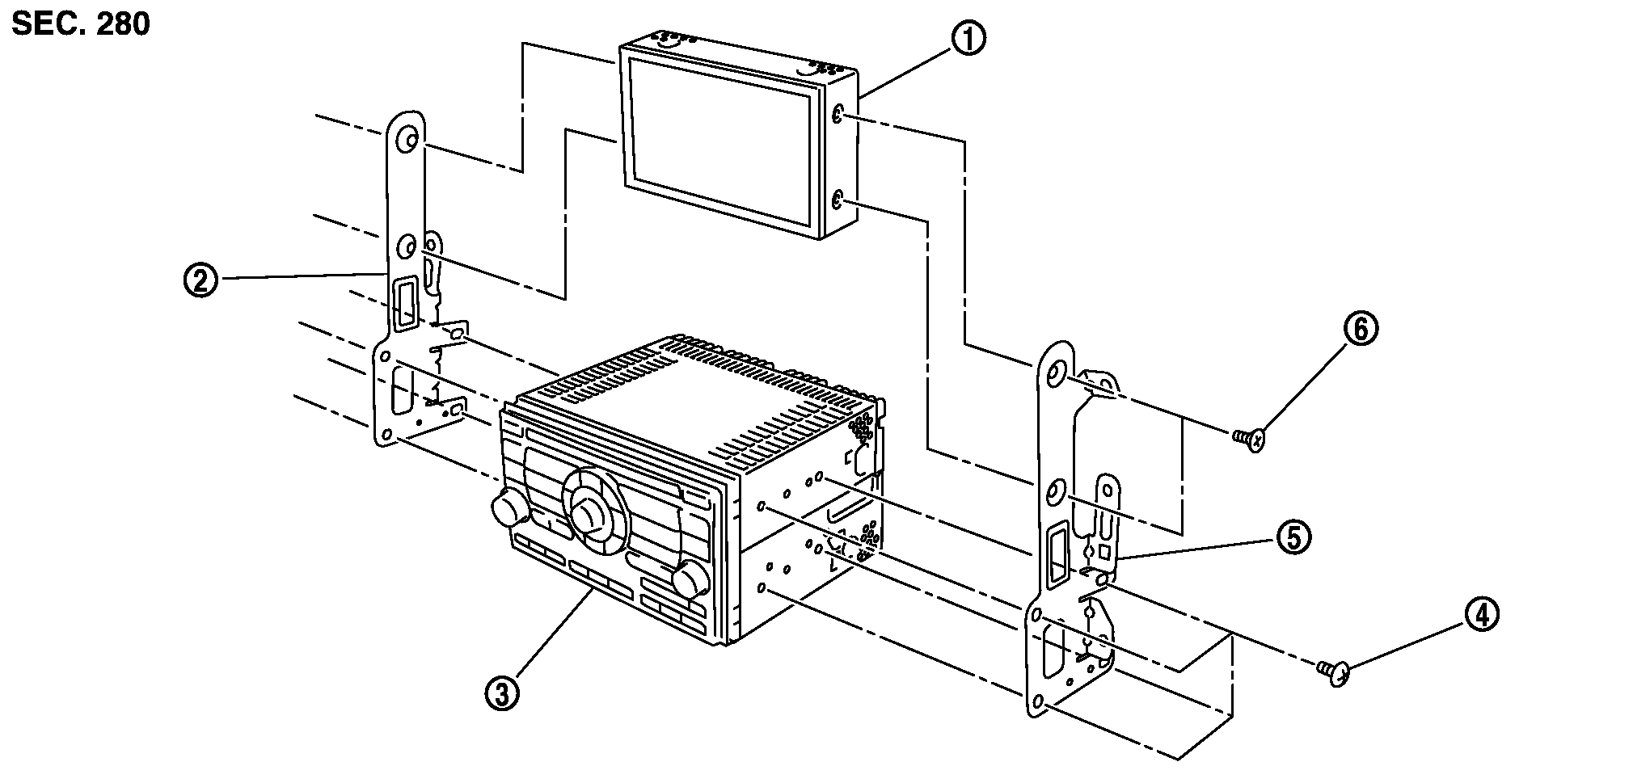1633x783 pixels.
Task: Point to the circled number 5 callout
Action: pos(1293,536)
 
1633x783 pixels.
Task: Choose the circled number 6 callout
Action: pos(1361,330)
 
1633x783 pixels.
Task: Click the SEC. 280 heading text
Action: pos(81,24)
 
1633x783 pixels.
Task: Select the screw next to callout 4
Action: pos(1334,671)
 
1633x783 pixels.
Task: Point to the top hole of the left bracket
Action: pos(410,141)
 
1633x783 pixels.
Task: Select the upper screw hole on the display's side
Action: pos(838,116)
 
